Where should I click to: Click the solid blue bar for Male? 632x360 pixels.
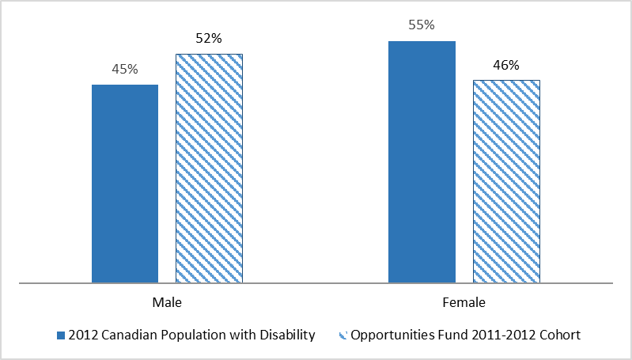[125, 184]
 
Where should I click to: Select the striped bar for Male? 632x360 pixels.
[209, 168]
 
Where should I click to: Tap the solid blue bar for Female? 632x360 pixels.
[422, 161]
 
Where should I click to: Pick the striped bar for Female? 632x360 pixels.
[506, 181]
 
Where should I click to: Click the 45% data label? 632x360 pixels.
[125, 70]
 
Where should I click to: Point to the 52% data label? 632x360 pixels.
[209, 39]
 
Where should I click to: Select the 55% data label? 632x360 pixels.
[422, 25]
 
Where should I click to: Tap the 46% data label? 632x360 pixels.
[506, 65]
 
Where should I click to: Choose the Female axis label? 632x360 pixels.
[464, 302]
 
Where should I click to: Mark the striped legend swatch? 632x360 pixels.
[342, 335]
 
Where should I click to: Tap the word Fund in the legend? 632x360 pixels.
[448, 335]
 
